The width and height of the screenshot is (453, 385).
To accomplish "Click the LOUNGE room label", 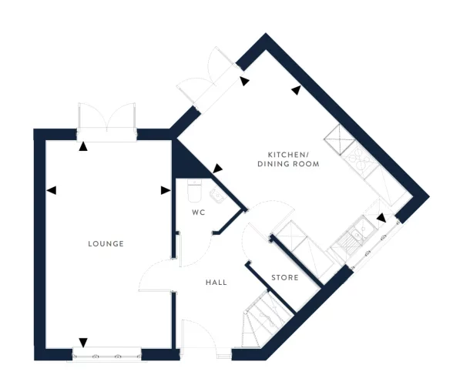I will (106, 243).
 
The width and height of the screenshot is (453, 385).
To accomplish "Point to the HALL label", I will (216, 283).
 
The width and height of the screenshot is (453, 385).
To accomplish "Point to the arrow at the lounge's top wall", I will (82, 146).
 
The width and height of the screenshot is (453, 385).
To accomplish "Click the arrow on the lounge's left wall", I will (52, 189).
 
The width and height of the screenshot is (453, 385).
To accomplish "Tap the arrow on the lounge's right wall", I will (164, 190).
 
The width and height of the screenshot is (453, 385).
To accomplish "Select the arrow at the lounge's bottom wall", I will (83, 343).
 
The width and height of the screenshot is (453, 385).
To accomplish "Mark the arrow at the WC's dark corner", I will (217, 168).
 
